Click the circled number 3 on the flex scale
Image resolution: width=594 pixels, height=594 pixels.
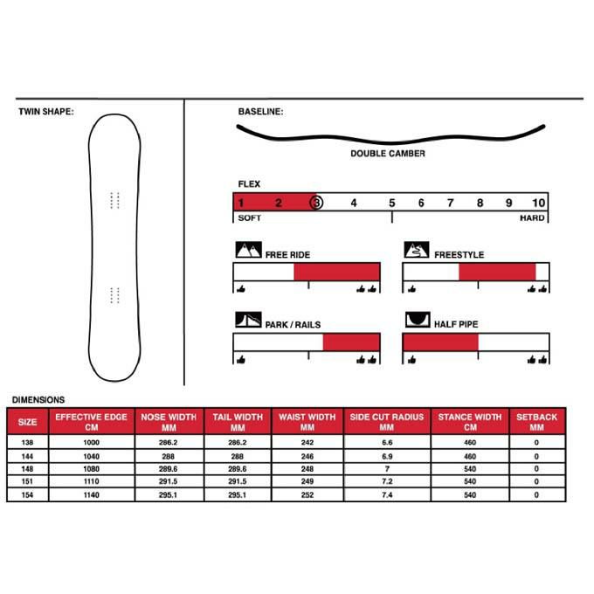coord(316,203)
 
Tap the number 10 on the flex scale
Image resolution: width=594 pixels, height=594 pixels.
coord(538,203)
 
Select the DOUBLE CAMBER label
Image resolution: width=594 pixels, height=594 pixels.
coord(388,154)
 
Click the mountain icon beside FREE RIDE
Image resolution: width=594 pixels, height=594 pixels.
coord(249,251)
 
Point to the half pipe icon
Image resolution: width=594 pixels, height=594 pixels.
coord(417,321)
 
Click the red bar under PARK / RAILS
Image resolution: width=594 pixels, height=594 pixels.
coord(351,342)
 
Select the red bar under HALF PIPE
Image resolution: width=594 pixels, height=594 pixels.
coord(440,342)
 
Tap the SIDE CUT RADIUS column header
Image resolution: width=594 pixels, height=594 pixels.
coord(387,422)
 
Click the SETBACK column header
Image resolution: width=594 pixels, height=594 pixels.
coord(536,422)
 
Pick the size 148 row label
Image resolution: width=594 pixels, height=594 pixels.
coord(28,469)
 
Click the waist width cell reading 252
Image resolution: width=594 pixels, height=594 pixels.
coord(307,495)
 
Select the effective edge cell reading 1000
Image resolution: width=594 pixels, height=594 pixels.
coord(92,443)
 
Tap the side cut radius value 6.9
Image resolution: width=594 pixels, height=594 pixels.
coord(387,456)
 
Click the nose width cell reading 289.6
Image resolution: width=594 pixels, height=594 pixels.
coord(169,469)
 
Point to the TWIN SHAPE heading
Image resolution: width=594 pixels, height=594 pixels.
coord(45,112)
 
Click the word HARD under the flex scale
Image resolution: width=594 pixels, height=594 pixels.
coord(532,218)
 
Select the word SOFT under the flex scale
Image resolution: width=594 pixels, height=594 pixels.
coord(250,218)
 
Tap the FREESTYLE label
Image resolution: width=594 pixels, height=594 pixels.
coord(459,255)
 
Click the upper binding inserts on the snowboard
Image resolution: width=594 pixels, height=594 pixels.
coord(114,200)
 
